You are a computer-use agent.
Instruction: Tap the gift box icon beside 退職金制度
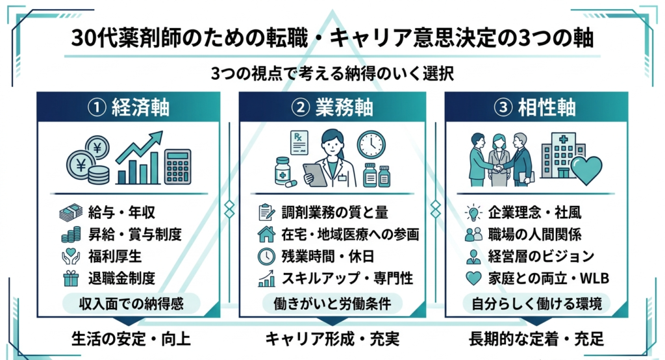pos(70,278)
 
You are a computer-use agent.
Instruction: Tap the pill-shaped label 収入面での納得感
pos(128,303)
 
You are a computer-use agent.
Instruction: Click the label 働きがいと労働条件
pos(332,303)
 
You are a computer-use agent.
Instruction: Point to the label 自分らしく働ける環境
pos(536,303)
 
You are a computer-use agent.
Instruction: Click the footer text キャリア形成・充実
pos(332,339)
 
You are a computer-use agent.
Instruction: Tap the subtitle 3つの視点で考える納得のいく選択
pos(332,73)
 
